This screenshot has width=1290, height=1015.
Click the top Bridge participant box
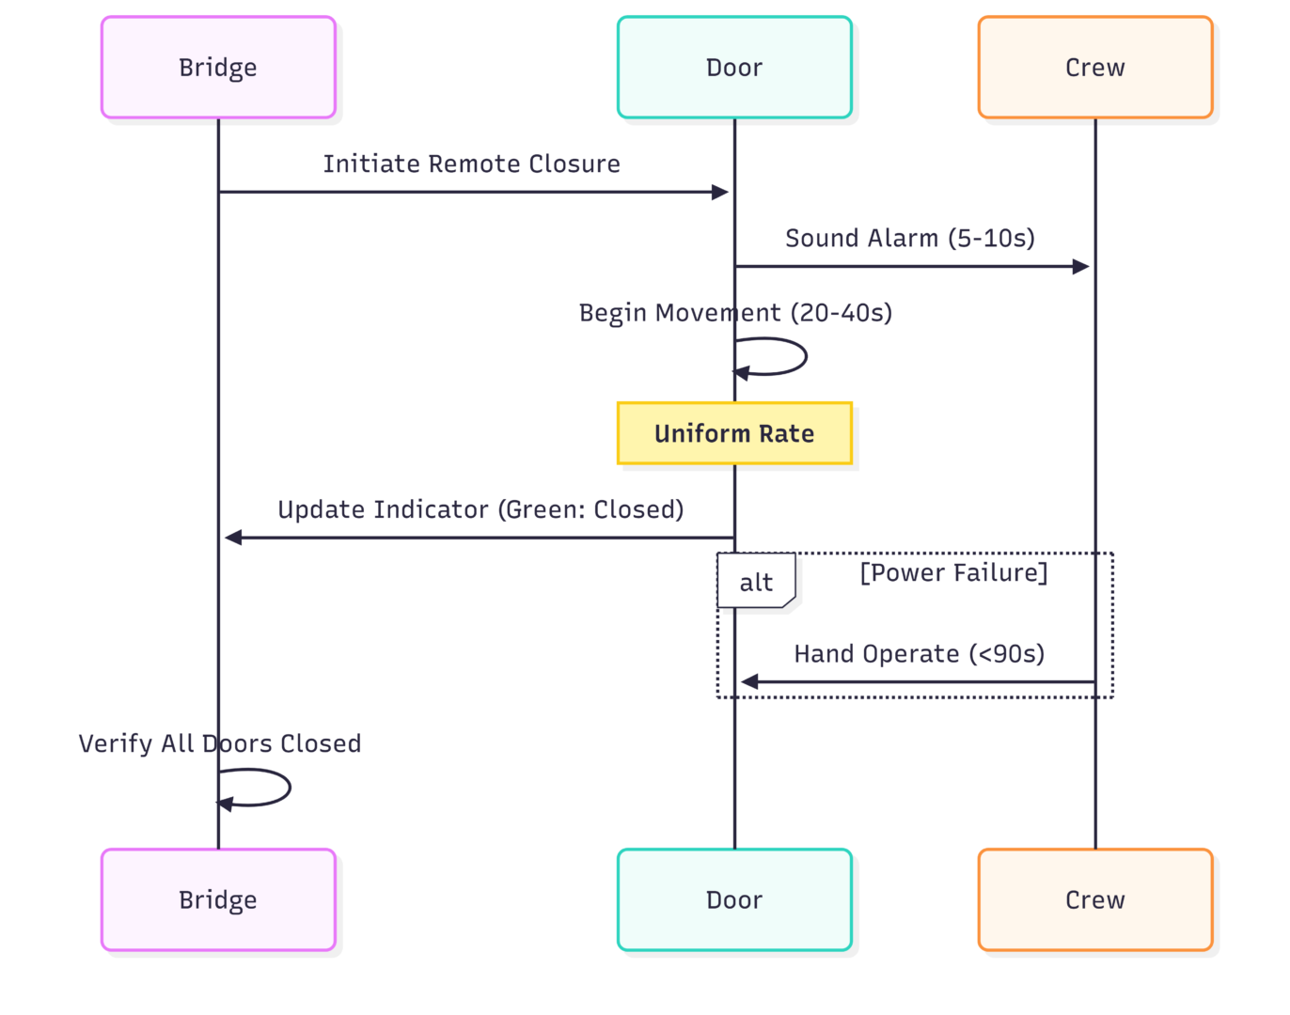click(218, 68)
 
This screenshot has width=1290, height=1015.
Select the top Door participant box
click(734, 68)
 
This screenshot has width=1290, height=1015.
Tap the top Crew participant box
click(1095, 68)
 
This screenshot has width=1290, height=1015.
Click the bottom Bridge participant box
click(218, 900)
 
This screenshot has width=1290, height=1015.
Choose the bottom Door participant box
click(734, 900)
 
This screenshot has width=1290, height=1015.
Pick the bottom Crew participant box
click(1095, 900)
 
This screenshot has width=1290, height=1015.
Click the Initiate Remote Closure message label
click(471, 164)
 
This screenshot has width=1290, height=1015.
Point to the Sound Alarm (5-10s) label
click(910, 239)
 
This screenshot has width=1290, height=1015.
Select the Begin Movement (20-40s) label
click(735, 313)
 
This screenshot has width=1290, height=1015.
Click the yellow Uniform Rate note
click(734, 433)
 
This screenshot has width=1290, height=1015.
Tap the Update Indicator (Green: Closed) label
click(480, 509)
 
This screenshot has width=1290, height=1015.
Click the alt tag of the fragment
click(756, 583)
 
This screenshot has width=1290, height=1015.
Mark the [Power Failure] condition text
click(953, 573)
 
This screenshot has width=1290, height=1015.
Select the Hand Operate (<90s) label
click(919, 654)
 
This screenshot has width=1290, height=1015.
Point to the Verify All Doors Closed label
click(219, 744)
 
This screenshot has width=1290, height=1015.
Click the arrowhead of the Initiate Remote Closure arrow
click(720, 193)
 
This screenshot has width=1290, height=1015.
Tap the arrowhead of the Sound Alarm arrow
click(1080, 267)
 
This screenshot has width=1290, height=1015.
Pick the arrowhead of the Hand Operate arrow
click(749, 682)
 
